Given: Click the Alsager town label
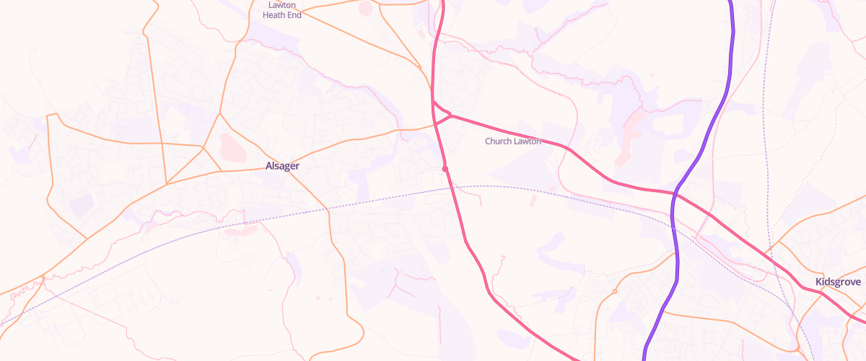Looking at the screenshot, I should click(282, 166).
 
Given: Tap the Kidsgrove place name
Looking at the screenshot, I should click(837, 282).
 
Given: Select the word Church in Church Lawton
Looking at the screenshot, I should click(498, 142).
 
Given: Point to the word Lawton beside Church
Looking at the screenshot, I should click(527, 142).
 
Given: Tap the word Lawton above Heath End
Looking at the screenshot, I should click(281, 4).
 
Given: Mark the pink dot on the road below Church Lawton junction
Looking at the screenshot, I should click(445, 169).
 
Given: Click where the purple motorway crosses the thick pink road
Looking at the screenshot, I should click(675, 193).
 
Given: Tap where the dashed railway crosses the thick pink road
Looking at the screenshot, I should click(452, 188).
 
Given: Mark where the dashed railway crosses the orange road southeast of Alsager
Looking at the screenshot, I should click(328, 209).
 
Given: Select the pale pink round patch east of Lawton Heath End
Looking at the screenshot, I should click(365, 9).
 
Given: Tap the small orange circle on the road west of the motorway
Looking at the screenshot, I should click(614, 292).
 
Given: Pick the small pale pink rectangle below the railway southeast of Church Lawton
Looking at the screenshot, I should click(534, 203).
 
